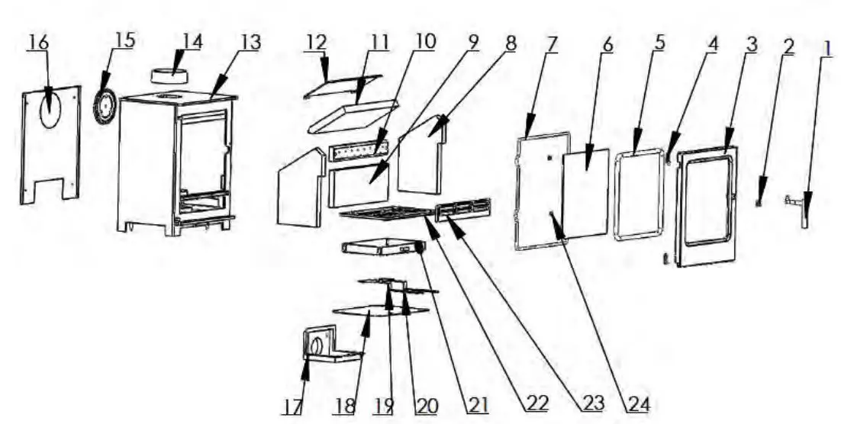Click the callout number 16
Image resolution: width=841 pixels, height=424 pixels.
[x=37, y=43]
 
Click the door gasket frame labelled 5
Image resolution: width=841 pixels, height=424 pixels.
[x=637, y=195]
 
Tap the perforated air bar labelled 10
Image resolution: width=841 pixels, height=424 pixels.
[x=356, y=153]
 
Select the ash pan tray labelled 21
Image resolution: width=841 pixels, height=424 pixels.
[x=382, y=247]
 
